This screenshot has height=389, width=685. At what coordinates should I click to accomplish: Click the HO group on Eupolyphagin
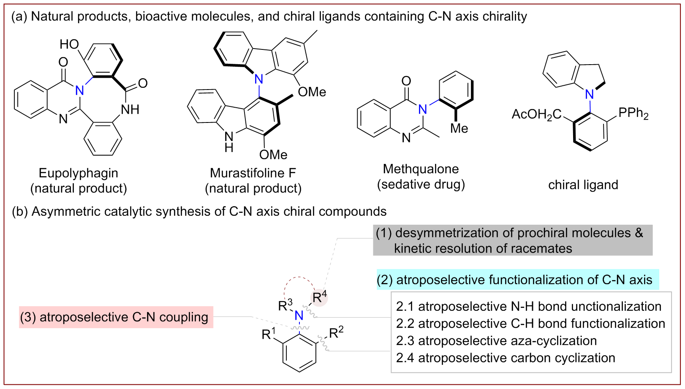pyautogui.click(x=69, y=44)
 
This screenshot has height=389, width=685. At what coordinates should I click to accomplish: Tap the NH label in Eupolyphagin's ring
pyautogui.click(x=130, y=110)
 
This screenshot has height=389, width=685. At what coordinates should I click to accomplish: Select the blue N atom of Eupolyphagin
pyautogui.click(x=80, y=90)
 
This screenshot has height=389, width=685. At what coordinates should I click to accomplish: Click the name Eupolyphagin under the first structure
pyautogui.click(x=79, y=173)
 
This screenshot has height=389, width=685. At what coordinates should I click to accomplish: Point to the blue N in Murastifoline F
pyautogui.click(x=258, y=79)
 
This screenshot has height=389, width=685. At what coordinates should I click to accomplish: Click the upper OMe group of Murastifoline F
pyautogui.click(x=312, y=92)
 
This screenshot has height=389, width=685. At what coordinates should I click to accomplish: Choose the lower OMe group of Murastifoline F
pyautogui.click(x=273, y=155)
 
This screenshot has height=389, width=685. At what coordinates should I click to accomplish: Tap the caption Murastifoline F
pyautogui.click(x=253, y=173)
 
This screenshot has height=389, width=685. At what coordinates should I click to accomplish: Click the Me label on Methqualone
pyautogui.click(x=459, y=128)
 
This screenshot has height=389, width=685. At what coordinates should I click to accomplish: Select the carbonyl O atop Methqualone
pyautogui.click(x=406, y=81)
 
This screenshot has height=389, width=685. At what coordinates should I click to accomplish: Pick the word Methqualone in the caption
pyautogui.click(x=421, y=169)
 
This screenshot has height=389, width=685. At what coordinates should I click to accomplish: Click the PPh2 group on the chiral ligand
pyautogui.click(x=633, y=113)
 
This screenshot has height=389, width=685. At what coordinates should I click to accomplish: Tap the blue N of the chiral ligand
pyautogui.click(x=590, y=94)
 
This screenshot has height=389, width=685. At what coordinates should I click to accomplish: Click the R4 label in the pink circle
pyautogui.click(x=319, y=297)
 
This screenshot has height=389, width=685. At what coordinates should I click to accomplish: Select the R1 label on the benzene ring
pyautogui.click(x=269, y=334)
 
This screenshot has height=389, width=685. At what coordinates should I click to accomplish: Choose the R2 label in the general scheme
pyautogui.click(x=336, y=332)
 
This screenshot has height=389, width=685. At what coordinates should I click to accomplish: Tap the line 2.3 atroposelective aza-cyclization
pyautogui.click(x=496, y=341)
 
